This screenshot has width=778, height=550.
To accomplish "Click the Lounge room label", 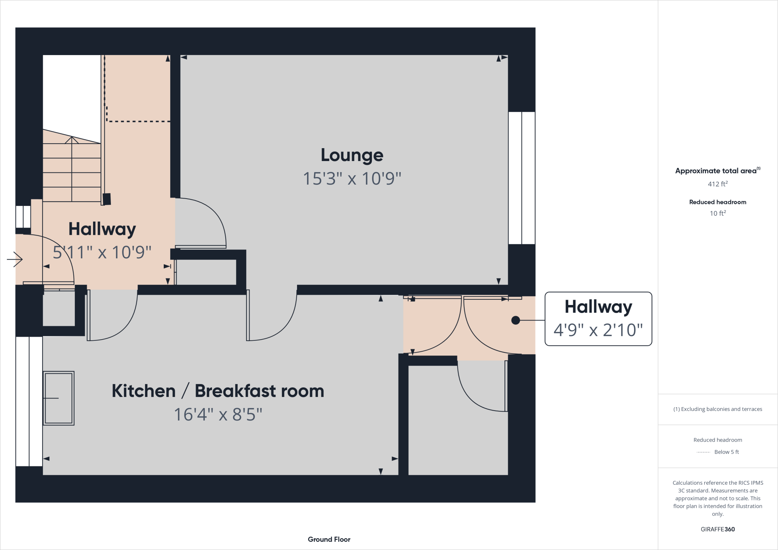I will [352, 155].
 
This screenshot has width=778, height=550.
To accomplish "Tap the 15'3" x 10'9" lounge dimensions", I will [352, 179].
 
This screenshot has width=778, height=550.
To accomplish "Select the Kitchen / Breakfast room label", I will [218, 391].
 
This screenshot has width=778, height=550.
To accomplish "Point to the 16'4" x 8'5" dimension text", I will [218, 414].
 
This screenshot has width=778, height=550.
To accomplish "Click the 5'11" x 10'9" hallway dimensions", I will [102, 252].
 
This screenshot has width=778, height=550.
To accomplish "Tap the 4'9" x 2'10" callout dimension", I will [598, 330].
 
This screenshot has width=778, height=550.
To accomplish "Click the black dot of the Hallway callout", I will [516, 320].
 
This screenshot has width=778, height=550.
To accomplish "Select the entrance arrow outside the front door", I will [15, 259].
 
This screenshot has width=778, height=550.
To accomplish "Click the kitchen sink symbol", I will [59, 398].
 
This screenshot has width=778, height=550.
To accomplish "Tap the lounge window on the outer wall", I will [522, 178].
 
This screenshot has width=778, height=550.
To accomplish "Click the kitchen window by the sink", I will [29, 401].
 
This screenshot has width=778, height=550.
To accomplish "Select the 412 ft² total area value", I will [717, 184].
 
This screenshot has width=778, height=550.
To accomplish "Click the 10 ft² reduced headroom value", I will [717, 213].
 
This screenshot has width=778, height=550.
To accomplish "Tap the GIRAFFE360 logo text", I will [717, 529].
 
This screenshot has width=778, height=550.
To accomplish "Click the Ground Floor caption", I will [329, 539].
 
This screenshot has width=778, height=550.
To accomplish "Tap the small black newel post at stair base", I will [107, 199].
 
